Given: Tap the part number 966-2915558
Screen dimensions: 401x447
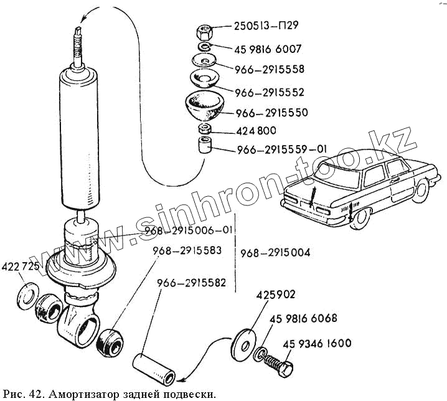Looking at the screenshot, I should (x=270, y=69).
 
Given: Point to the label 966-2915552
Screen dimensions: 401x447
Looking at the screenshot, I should (x=270, y=92).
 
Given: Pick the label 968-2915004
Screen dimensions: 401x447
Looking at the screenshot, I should (x=275, y=253).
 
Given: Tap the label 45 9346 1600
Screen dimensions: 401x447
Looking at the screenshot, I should (x=317, y=343).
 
